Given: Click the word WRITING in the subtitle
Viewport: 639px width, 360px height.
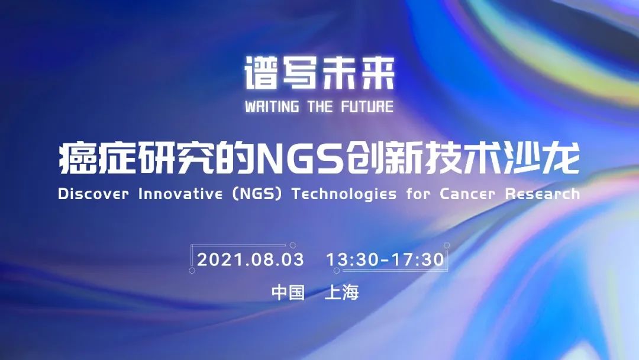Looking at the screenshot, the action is tap(272, 107).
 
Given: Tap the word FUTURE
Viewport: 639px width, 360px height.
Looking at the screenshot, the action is tap(367, 107).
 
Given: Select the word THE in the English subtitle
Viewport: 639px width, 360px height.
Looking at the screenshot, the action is tap(320, 107).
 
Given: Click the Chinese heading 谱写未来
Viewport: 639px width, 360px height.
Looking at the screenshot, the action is tap(319, 73).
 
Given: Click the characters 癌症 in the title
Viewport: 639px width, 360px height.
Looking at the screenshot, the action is tap(96, 159).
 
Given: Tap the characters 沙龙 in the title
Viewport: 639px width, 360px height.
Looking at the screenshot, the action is tap(541, 159).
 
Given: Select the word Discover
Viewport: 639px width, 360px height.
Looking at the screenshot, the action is tap(93, 194).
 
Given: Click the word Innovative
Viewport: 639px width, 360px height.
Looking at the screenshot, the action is tap(180, 194).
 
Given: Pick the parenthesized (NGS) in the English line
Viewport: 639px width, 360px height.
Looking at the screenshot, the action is tap(257, 194).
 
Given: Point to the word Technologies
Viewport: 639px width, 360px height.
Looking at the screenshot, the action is tap(344, 194).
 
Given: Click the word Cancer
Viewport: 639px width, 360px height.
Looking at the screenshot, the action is tap(467, 194).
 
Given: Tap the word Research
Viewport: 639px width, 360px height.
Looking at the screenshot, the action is tap(543, 194).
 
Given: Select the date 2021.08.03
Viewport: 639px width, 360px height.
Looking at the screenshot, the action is tap(251, 260).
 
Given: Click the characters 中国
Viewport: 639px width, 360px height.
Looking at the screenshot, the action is tap(288, 292).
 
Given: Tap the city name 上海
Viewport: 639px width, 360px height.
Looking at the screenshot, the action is tap(342, 292).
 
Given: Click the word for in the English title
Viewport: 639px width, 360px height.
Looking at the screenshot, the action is tap(418, 194).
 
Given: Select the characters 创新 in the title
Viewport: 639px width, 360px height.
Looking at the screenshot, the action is tap(382, 159).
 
